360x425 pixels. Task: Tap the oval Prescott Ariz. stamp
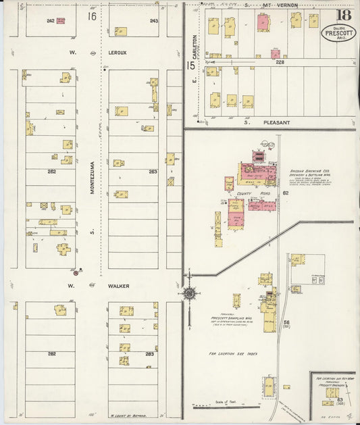336,33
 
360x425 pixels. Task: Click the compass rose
190,293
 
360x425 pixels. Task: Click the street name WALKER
118,286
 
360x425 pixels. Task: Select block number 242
50,21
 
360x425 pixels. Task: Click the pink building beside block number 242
61,21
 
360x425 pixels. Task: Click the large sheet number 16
91,16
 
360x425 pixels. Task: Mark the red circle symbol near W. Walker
76,273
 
